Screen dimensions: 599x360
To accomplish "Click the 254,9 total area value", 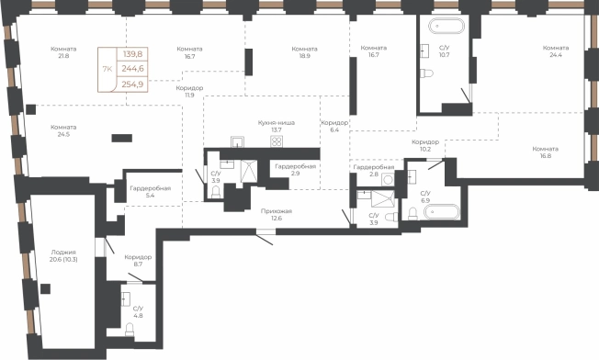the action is click(x=132, y=84).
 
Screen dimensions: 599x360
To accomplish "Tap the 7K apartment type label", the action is click(x=107, y=69).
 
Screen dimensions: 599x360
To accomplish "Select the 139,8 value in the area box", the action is click(x=132, y=54).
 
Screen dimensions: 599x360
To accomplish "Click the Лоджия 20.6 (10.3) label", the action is click(x=63, y=256).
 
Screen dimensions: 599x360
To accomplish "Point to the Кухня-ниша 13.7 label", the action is click(x=277, y=127).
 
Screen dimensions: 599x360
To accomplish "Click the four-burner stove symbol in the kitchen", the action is click(x=277, y=141).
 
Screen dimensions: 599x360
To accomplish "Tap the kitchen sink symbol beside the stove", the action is click(x=238, y=141).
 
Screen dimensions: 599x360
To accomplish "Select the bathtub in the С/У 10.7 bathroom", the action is click(x=446, y=27).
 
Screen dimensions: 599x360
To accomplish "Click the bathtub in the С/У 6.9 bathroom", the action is click(x=442, y=212).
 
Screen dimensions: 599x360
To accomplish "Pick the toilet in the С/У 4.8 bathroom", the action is click(x=130, y=330).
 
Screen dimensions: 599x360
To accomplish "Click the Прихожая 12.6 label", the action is click(x=277, y=215).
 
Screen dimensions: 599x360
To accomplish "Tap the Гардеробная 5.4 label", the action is click(x=150, y=192).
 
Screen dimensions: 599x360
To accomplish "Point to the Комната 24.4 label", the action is click(x=556, y=51).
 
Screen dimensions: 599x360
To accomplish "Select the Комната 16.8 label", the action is click(x=545, y=152).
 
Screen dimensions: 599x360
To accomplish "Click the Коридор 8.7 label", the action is click(x=138, y=261).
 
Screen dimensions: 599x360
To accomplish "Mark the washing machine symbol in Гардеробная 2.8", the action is click(x=388, y=179).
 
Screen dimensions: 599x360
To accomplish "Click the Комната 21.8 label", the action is click(x=63, y=52).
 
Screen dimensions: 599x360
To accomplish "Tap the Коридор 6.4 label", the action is click(x=334, y=127).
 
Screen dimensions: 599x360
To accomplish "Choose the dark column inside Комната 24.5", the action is click(x=122, y=138).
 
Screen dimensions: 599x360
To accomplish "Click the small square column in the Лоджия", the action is click(x=45, y=289).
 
